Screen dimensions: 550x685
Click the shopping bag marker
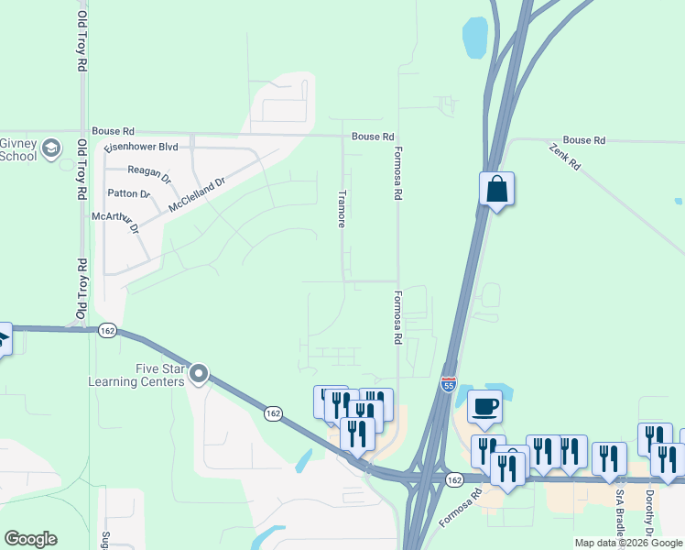pyautogui.click(x=496, y=189)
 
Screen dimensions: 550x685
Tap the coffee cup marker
pyautogui.click(x=485, y=405)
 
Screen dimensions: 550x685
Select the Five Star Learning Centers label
pyautogui.click(x=136, y=375)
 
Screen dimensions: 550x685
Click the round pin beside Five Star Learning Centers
pyautogui.click(x=199, y=374)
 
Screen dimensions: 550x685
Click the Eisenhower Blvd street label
pyautogui.click(x=140, y=147)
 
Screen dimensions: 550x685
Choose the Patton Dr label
pyautogui.click(x=128, y=194)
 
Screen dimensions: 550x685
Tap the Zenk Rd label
pyautogui.click(x=564, y=157)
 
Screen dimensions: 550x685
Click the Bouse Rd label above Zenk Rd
pyautogui.click(x=584, y=140)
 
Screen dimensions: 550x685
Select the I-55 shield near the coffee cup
pyautogui.click(x=448, y=383)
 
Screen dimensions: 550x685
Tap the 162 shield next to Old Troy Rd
pyautogui.click(x=107, y=331)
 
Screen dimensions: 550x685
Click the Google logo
pyautogui.click(x=30, y=539)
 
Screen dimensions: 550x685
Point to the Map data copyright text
pyautogui.click(x=627, y=543)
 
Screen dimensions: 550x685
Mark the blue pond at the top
pyautogui.click(x=475, y=37)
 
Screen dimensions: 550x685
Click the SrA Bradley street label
pyautogui.click(x=620, y=513)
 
